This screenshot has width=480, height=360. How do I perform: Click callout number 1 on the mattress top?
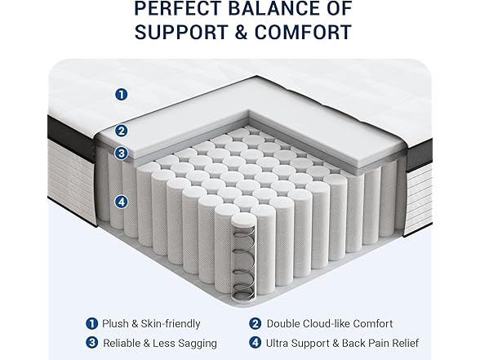tap(121, 94)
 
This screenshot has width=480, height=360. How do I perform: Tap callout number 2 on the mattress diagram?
tap(121, 130)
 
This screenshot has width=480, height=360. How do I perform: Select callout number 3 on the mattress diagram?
tap(121, 152)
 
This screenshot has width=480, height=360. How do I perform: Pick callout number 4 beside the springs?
tap(121, 201)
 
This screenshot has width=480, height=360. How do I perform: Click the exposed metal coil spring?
tap(243, 248)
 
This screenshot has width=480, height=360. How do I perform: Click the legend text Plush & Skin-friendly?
tap(151, 324)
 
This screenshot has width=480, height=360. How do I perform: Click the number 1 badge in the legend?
tap(91, 324)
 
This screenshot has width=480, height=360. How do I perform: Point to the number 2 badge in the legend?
tap(255, 324)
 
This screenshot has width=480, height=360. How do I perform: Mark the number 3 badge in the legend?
tap(91, 343)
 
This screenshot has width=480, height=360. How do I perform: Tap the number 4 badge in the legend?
tap(255, 343)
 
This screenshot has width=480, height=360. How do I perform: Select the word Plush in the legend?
tap(117, 324)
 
